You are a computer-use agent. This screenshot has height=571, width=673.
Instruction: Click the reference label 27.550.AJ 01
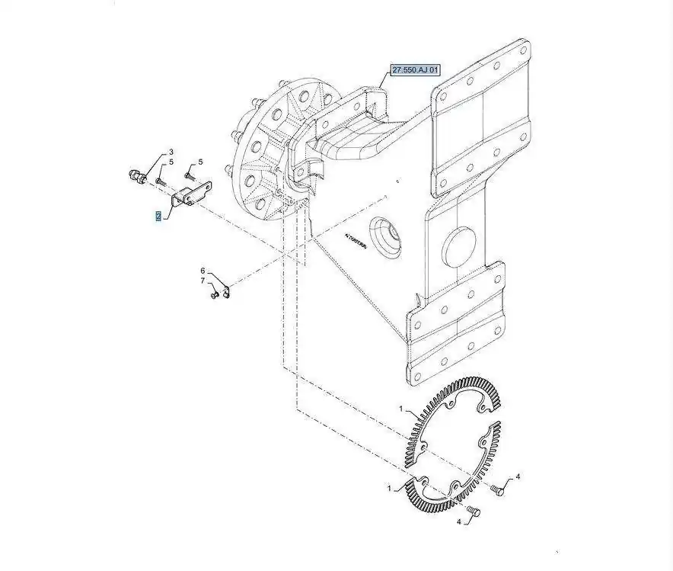point(416,70)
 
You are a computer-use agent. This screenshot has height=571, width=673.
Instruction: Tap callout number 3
point(171,152)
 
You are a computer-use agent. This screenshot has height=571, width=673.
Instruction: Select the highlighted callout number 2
point(158,217)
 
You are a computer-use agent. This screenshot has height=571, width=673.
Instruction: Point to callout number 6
point(203,271)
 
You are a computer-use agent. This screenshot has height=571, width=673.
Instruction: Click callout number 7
point(203,282)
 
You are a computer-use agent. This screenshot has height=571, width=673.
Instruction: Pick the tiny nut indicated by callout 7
point(215,294)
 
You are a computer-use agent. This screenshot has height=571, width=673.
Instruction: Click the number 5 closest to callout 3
point(171,162)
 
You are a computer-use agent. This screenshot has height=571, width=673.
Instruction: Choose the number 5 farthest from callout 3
point(201,162)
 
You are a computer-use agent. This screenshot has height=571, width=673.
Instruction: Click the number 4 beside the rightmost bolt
point(518,477)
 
